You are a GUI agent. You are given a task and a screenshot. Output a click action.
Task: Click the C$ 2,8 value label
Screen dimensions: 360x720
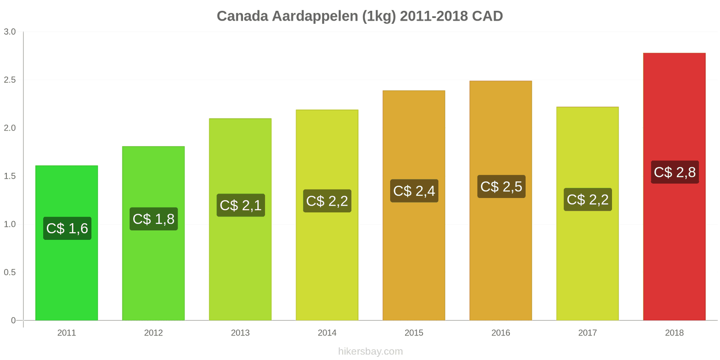pyautogui.click(x=675, y=172)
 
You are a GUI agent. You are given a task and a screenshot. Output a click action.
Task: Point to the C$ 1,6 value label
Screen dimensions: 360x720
pyautogui.click(x=67, y=228)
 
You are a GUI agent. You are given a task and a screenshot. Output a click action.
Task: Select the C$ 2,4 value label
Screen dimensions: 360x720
pyautogui.click(x=414, y=191)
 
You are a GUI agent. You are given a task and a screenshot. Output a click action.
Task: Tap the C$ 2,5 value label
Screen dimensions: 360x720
pyautogui.click(x=501, y=186)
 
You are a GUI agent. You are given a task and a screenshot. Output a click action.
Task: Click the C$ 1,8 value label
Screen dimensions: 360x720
pyautogui.click(x=153, y=219)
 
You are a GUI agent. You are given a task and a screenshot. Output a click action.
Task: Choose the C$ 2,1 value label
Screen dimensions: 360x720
pyautogui.click(x=240, y=205)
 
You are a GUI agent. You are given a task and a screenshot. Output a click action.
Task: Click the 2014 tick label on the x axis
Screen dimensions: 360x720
pyautogui.click(x=327, y=333)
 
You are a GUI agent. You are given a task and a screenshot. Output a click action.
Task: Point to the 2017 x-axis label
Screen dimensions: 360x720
pyautogui.click(x=587, y=333)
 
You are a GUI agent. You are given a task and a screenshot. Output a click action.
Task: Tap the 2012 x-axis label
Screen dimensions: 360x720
pyautogui.click(x=153, y=333)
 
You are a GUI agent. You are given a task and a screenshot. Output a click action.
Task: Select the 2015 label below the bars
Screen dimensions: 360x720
pyautogui.click(x=414, y=333)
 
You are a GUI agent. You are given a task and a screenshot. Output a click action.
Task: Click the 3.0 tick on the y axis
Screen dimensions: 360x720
pyautogui.click(x=10, y=31)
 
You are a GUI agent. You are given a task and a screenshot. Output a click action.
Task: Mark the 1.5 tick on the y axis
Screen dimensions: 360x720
pyautogui.click(x=10, y=176)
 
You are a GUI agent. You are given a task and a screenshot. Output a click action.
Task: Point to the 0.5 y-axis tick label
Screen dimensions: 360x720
pyautogui.click(x=10, y=272)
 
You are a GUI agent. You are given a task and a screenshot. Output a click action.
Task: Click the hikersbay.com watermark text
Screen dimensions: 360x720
pyautogui.click(x=370, y=351)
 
